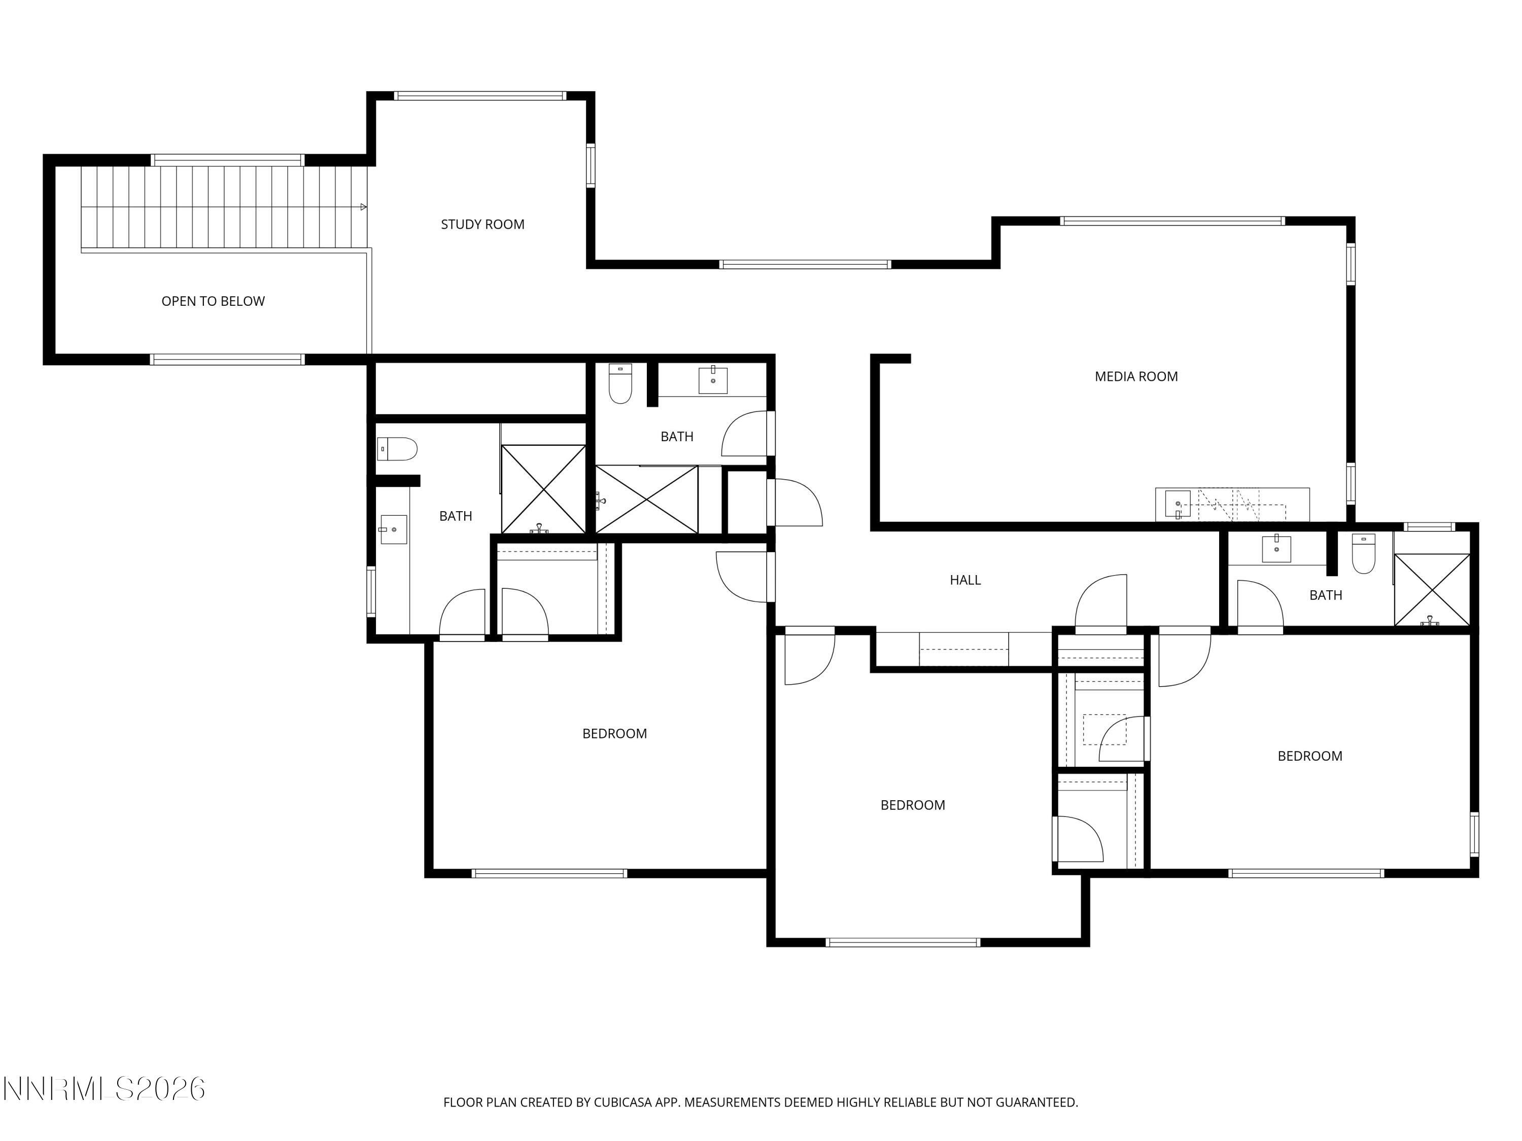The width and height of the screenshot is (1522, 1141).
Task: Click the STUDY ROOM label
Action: tap(482, 224)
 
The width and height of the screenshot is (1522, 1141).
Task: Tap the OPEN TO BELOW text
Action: tap(213, 301)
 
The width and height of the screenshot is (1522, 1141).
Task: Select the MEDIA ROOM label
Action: tap(1135, 376)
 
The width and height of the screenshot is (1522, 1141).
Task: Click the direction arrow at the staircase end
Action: tap(363, 207)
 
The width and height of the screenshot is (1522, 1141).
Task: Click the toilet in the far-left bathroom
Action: tap(398, 449)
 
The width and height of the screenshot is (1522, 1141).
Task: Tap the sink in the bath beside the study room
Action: tap(713, 380)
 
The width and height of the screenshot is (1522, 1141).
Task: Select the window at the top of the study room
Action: tap(479, 96)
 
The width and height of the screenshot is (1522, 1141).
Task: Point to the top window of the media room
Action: tap(1172, 221)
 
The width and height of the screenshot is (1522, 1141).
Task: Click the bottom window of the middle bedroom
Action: tap(902, 942)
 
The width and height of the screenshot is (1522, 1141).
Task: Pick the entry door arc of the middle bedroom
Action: tap(809, 657)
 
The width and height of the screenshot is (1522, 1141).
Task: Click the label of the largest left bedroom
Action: tap(614, 734)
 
